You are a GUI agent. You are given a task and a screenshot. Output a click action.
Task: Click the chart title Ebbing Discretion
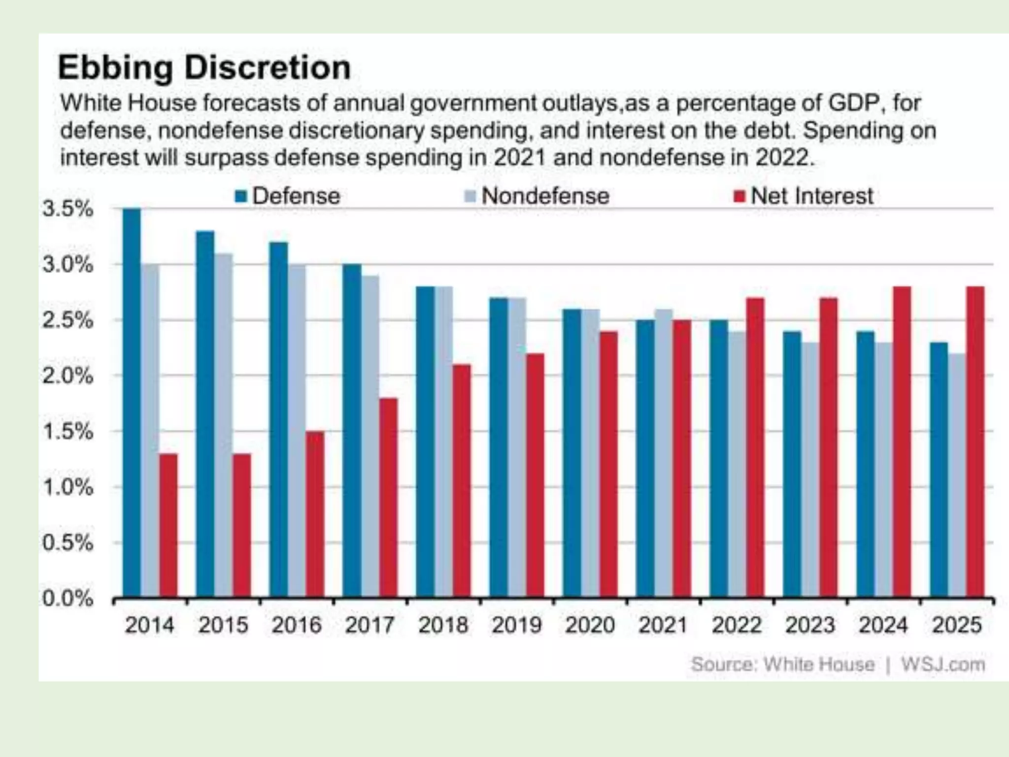[204, 68]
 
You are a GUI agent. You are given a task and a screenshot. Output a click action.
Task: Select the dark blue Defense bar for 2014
[132, 402]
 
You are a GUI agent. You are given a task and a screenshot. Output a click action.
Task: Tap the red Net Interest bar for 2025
[975, 441]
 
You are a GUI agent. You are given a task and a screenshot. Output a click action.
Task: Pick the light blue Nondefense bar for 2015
[223, 424]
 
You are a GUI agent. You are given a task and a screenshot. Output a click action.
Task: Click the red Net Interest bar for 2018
[462, 481]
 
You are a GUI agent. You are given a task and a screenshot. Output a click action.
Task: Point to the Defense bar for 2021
[645, 458]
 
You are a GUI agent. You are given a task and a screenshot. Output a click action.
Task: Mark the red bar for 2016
[315, 514]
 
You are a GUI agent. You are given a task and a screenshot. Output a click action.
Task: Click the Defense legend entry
[288, 196]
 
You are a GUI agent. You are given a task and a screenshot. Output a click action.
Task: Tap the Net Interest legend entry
[805, 196]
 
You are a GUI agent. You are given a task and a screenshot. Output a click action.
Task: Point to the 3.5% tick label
[67, 209]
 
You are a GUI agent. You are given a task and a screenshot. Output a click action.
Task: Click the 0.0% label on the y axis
[67, 599]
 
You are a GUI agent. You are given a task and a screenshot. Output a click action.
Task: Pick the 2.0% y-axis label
[67, 376]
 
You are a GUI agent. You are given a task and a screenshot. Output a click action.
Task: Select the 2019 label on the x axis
[516, 625]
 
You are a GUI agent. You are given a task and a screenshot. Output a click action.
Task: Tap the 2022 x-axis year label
[737, 625]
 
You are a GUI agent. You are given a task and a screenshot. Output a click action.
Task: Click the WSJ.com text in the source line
[943, 664]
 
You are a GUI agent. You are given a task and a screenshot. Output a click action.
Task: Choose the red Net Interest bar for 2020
[608, 463]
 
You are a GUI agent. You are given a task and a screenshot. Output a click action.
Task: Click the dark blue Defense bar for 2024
[865, 463]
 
